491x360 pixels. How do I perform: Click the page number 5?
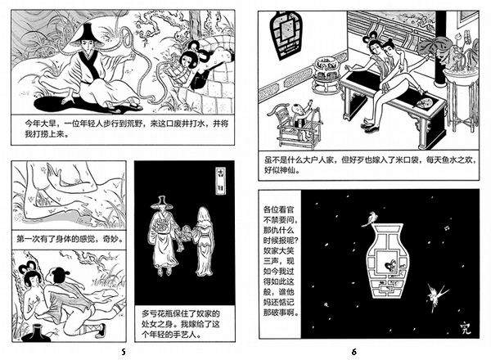[x=124, y=352]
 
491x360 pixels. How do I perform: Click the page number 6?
[x=354, y=352]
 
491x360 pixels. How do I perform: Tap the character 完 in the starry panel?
[x=466, y=328]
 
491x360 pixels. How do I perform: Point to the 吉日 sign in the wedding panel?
[x=222, y=181]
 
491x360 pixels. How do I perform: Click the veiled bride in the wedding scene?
[x=204, y=241]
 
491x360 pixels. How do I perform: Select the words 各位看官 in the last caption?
[x=278, y=209]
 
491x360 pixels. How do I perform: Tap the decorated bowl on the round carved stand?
[x=327, y=65]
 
